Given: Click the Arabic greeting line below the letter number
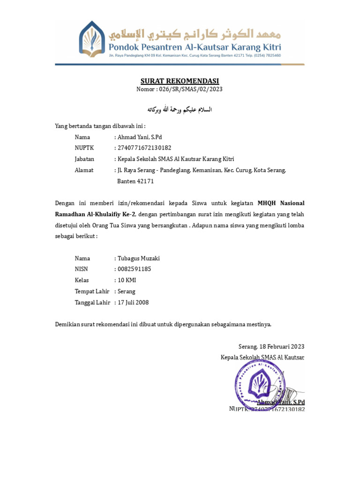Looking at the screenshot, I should click(180, 110).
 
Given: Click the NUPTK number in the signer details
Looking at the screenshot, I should click(141, 148).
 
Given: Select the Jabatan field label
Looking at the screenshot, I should click(84, 159).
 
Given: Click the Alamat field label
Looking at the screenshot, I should click(84, 170).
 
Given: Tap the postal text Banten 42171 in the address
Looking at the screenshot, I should click(135, 181).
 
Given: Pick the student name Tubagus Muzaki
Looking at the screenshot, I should click(139, 258).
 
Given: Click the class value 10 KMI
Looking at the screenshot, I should click(127, 280).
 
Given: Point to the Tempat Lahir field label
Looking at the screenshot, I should click(92, 292).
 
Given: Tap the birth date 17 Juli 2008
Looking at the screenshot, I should click(133, 303).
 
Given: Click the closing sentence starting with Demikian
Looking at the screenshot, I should click(163, 324).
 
